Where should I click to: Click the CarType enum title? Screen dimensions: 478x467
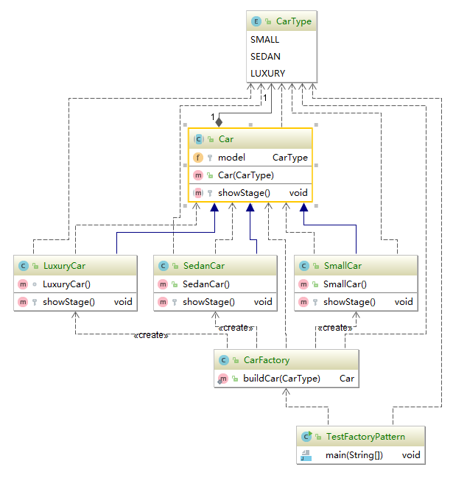(293, 21)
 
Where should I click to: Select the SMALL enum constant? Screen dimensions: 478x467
(265, 40)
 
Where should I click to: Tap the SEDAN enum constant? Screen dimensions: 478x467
(265, 56)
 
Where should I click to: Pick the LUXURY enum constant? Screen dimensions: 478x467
(267, 73)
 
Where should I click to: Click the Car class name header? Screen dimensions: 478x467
(226, 138)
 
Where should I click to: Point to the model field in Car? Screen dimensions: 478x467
(231, 158)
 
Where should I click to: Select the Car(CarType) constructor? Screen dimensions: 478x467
(245, 175)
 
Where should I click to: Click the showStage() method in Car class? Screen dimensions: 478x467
(244, 193)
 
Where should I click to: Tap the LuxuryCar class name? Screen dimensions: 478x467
(63, 265)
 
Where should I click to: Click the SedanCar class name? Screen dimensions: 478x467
(203, 265)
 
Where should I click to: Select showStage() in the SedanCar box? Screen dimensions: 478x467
(208, 301)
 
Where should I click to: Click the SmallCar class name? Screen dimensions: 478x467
(343, 265)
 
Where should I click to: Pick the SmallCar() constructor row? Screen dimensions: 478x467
(345, 284)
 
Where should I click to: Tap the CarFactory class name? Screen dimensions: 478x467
(266, 360)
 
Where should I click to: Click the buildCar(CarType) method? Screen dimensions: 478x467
(281, 379)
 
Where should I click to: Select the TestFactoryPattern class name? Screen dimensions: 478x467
(365, 437)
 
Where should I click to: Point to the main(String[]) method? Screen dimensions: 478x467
(354, 455)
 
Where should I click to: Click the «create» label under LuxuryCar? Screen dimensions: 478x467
(151, 335)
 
